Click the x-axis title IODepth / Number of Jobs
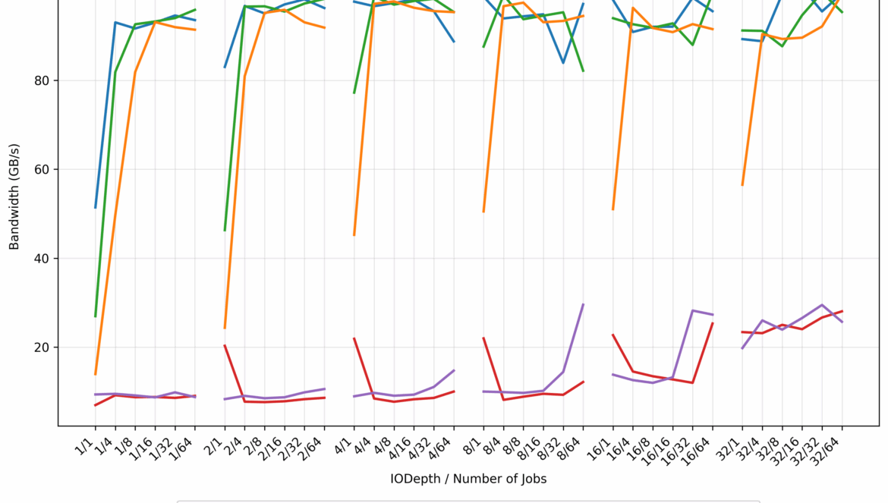tap(468, 479)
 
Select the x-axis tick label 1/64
tap(184, 443)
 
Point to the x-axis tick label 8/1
tap(476, 440)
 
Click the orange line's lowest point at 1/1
tap(95, 375)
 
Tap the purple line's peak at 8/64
tap(584, 304)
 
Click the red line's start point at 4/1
tap(354, 338)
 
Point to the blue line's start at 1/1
tap(95, 208)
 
